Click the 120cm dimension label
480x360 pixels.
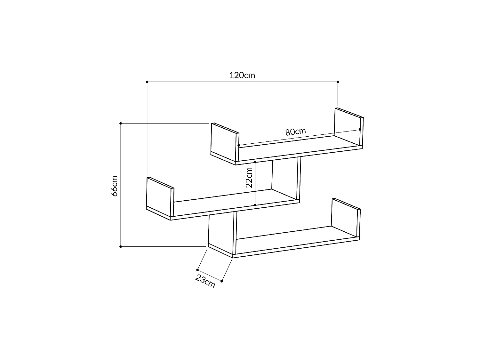tap(242, 75)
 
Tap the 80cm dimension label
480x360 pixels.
tap(295, 132)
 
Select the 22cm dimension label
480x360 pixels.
tap(249, 178)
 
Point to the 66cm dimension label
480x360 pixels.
tap(114, 186)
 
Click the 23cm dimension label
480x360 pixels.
tap(205, 281)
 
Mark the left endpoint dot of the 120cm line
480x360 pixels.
tap(147, 82)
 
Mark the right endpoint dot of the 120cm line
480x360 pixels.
tap(338, 82)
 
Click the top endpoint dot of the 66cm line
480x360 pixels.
tap(121, 123)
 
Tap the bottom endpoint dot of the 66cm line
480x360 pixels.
tap(121, 246)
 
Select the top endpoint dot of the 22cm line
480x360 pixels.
tap(255, 162)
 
